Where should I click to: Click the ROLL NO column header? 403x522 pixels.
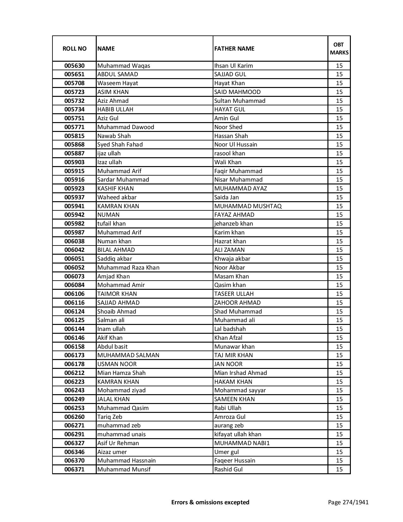coord(74,48)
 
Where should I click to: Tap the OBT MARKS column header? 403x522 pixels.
coord(339,48)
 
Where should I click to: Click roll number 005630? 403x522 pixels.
coord(74,66)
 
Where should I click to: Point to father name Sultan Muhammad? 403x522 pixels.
coord(240,101)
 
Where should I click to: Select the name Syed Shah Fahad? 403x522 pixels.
coord(120,145)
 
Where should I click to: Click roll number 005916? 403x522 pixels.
coord(74,180)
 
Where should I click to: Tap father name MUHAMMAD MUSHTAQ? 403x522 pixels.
coord(248,206)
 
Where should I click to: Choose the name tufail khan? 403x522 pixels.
coord(111,224)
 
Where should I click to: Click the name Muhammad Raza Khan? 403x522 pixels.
coord(128,267)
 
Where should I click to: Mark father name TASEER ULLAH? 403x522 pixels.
coord(234,294)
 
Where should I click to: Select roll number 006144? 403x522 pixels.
coord(74,329)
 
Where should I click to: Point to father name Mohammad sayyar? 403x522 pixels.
coord(240,390)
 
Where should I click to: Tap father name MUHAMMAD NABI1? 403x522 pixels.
coord(242,443)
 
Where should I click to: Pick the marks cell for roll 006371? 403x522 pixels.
coord(339,469)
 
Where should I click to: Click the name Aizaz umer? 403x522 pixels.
coord(112,452)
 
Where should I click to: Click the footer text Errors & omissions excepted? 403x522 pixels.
coord(210,502)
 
